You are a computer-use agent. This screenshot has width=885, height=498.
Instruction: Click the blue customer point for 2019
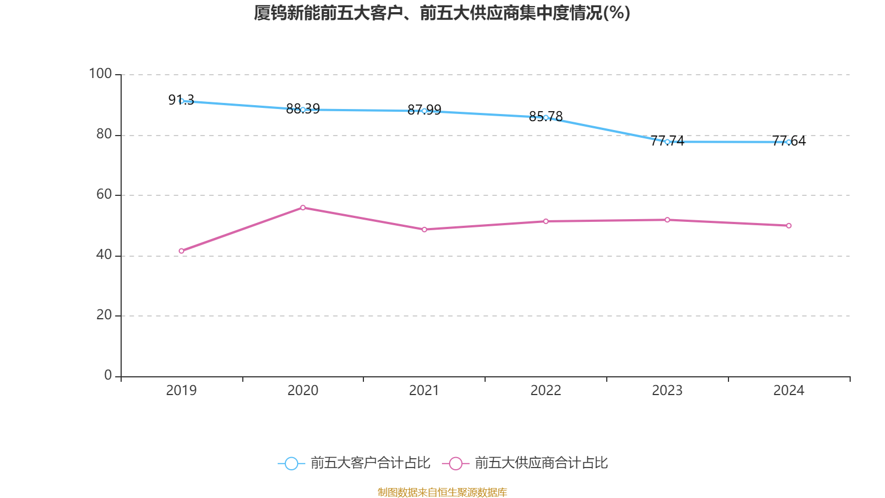coord(181,101)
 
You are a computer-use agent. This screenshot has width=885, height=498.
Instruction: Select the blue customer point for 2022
coord(546,117)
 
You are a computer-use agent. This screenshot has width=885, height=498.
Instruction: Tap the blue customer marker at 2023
coord(667,142)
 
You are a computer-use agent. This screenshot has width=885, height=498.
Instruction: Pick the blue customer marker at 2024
coord(789,142)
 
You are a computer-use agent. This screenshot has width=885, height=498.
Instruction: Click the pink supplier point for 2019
coord(181,251)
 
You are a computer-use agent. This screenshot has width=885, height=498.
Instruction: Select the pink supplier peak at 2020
coord(303,207)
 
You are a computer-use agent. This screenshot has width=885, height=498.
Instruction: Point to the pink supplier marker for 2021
coord(424,230)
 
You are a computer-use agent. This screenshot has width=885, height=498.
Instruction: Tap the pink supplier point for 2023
coord(667,220)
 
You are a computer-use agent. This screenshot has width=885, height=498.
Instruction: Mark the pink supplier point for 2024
coord(789,226)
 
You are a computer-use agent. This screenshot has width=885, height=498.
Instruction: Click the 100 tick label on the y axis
coord(100,74)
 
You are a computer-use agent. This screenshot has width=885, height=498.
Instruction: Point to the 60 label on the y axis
coord(104,194)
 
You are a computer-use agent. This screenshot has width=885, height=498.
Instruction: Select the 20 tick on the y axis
coord(104,315)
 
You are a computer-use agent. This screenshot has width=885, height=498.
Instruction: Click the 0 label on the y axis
coord(108,375)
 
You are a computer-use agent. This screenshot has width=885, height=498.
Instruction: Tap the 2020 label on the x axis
coord(303,391)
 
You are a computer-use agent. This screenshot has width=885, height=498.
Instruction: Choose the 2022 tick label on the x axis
coord(546,391)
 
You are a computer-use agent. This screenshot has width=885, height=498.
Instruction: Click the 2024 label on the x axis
coord(789,391)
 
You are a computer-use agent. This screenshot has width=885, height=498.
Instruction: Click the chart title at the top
coord(442,13)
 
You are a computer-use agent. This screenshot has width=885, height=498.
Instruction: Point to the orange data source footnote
coord(442,492)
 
